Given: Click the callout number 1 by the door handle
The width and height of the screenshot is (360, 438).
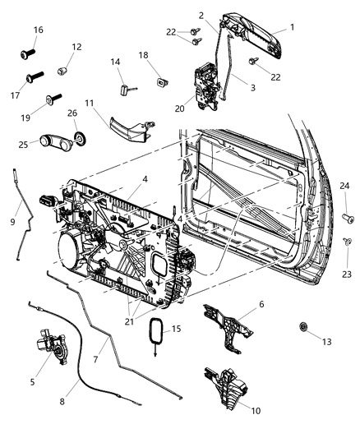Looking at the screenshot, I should [290, 26].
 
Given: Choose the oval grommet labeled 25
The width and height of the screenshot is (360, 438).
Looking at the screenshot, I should [51, 143].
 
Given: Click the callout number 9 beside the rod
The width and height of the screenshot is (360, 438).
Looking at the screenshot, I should [12, 221].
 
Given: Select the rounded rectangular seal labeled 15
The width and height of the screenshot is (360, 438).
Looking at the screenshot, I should [151, 338].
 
